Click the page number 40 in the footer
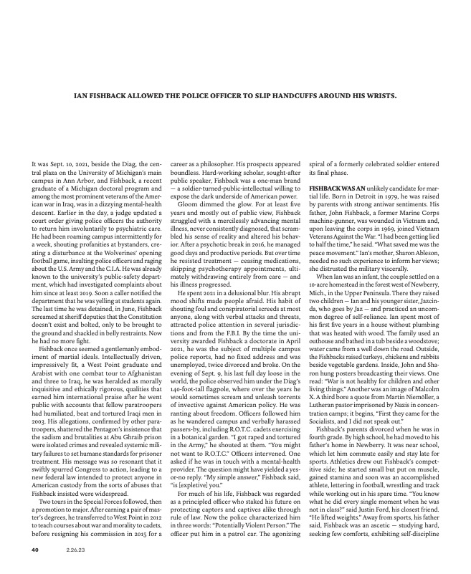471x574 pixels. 33,550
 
